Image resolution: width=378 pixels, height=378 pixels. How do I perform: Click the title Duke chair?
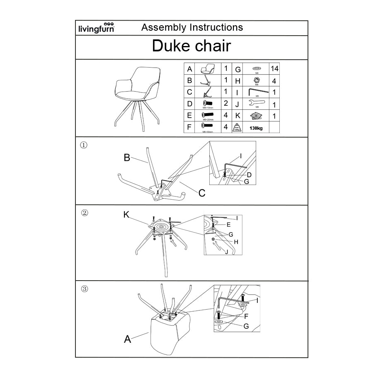click(x=191, y=46)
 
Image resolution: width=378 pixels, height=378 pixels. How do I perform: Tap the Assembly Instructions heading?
click(x=192, y=28)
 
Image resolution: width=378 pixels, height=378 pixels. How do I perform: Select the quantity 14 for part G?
click(x=274, y=69)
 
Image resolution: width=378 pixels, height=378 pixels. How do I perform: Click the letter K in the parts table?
click(x=238, y=116)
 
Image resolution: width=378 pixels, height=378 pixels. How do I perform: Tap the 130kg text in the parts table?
click(x=256, y=128)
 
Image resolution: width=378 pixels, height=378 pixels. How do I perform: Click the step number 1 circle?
click(x=83, y=145)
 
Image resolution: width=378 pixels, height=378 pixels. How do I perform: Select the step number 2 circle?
click(x=84, y=213)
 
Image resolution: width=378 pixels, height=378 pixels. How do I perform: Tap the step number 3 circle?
click(x=84, y=289)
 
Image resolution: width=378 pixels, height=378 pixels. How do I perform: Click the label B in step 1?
click(x=127, y=157)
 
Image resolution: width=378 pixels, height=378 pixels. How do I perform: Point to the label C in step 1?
click(x=202, y=193)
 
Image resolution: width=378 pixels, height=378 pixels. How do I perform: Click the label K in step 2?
click(x=127, y=214)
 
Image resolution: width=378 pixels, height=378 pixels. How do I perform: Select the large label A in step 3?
click(x=128, y=339)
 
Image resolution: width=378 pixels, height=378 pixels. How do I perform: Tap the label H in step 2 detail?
click(x=236, y=242)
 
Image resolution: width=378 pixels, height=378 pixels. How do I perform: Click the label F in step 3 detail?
click(x=246, y=316)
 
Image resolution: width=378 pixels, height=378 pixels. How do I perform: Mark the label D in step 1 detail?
click(x=249, y=175)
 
